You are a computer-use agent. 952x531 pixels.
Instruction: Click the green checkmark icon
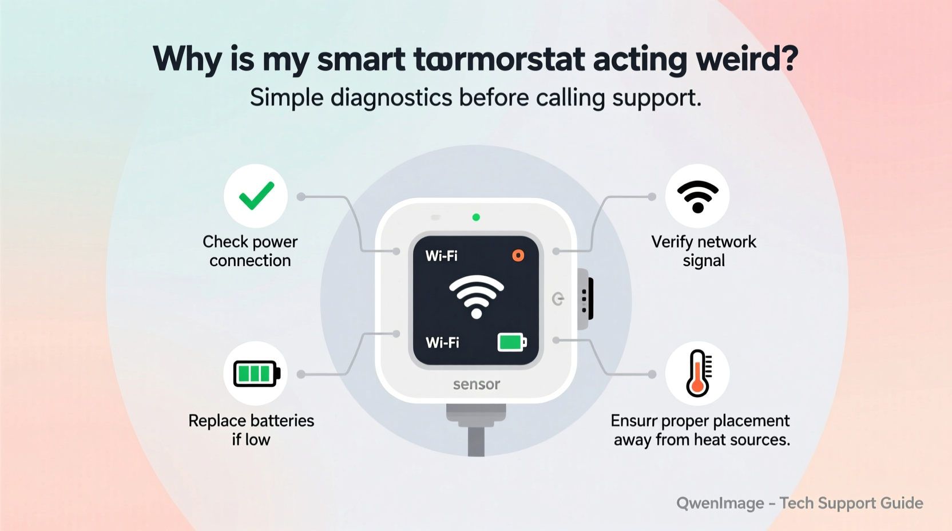[x=256, y=196]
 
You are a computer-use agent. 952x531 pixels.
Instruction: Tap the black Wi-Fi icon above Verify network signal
[x=697, y=196]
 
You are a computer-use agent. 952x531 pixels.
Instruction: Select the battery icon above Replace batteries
[x=256, y=374]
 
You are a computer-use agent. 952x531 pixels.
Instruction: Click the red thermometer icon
[x=697, y=373]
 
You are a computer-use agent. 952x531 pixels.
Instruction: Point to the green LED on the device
[x=476, y=217]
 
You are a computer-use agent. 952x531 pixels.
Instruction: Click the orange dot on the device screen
[x=518, y=255]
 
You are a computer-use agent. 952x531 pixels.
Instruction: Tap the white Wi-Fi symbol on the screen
[x=476, y=296]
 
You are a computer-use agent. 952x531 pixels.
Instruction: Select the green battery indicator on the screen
[x=511, y=342]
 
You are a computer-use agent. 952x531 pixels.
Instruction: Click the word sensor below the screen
[x=477, y=384]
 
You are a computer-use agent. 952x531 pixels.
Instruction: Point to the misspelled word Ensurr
[x=633, y=421]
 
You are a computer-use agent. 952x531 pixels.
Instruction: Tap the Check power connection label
[x=250, y=251]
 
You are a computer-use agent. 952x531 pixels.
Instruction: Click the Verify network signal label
[x=704, y=251]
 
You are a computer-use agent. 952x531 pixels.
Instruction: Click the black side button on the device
[x=590, y=298]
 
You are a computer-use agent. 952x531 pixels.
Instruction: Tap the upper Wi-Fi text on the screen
[x=441, y=256]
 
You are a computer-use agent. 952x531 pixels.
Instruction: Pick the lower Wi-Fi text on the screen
[x=442, y=343]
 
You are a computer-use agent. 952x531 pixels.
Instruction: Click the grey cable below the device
[x=476, y=441]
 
